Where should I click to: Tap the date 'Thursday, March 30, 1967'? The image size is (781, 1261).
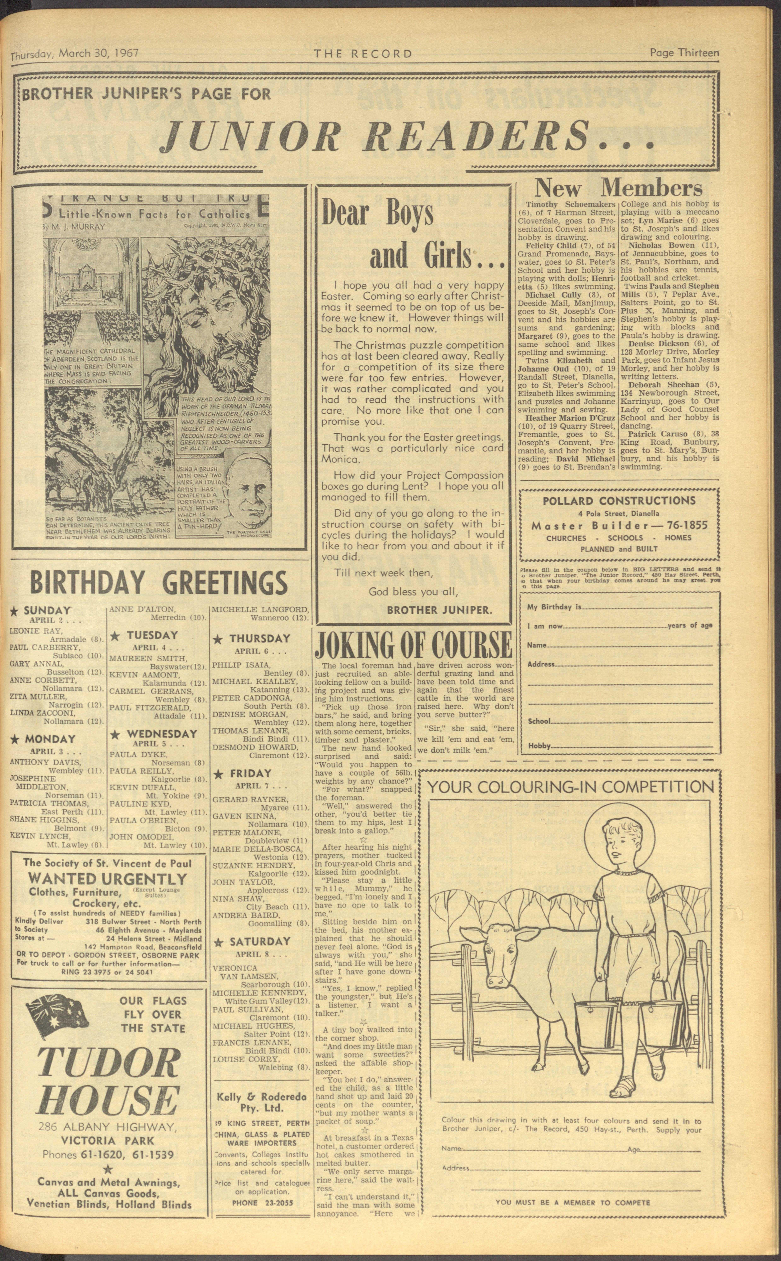75,54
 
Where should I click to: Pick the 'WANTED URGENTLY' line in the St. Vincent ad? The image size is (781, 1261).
107,879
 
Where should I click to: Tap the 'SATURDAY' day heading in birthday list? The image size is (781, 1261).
260,941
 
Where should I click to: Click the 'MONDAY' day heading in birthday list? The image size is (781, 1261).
50,739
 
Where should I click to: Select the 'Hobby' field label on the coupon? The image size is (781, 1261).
539,746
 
